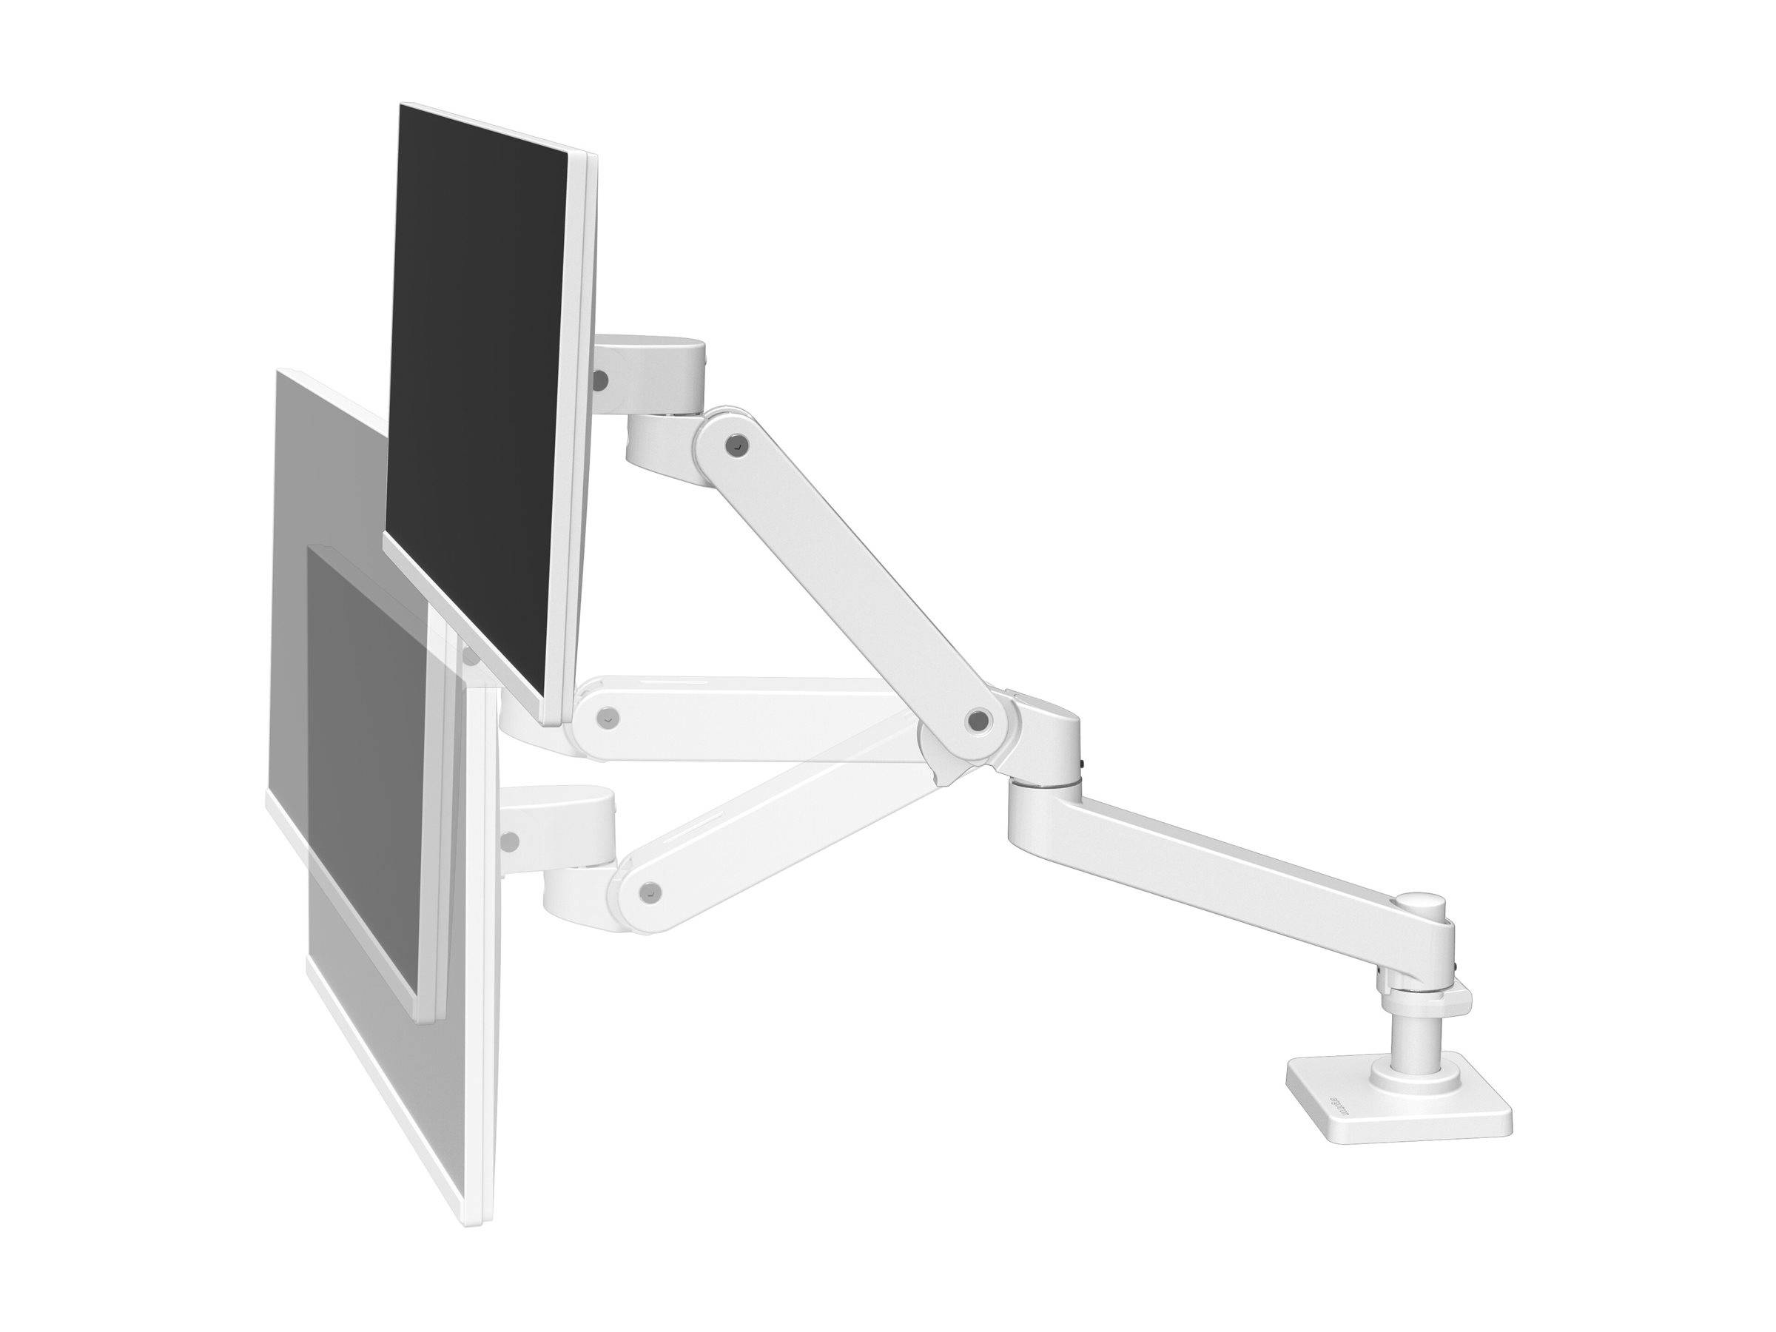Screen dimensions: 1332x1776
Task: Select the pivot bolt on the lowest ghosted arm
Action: (653, 890)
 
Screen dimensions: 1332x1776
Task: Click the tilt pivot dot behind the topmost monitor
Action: (599, 376)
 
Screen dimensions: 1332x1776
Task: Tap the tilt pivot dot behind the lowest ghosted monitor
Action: (508, 841)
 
